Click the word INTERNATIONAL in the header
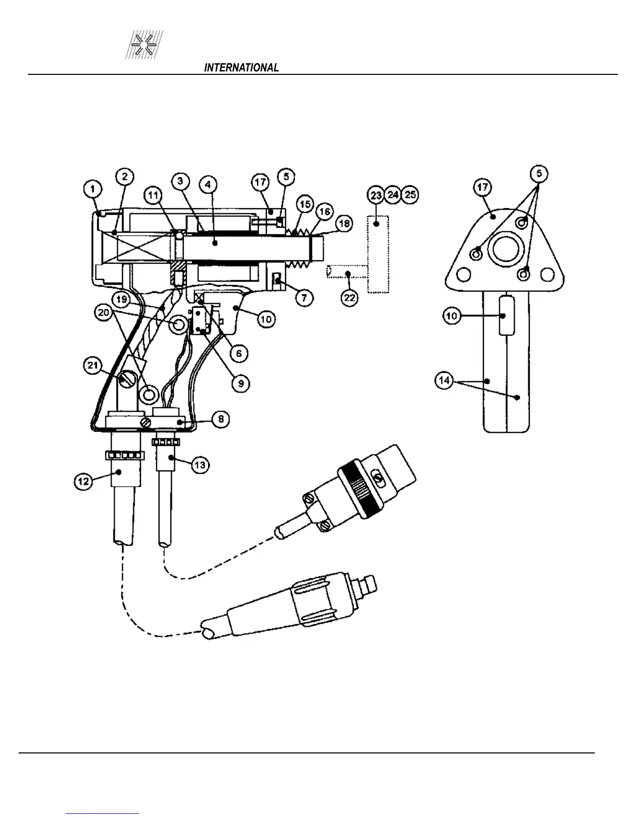242,68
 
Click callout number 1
93,190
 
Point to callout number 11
154,195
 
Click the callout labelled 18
344,223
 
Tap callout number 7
304,297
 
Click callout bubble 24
393,195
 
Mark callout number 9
241,383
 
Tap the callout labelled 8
220,419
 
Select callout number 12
84,481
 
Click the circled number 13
199,465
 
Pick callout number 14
445,381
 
